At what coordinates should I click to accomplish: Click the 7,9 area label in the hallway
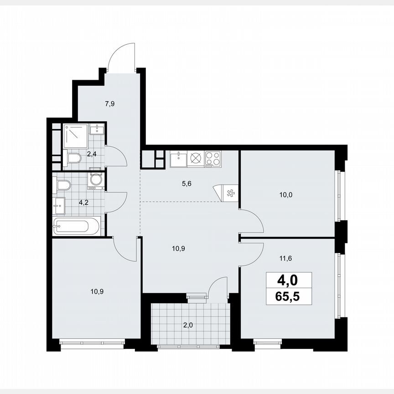coord(109,104)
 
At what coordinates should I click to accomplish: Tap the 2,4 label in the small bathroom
coord(92,154)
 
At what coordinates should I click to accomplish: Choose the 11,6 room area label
coord(285,258)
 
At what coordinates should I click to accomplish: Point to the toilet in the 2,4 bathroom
coord(73,159)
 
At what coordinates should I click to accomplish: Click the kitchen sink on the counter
coord(178,159)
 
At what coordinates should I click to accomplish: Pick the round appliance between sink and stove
coord(196,159)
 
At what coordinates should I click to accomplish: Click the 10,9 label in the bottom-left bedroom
coord(96,290)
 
